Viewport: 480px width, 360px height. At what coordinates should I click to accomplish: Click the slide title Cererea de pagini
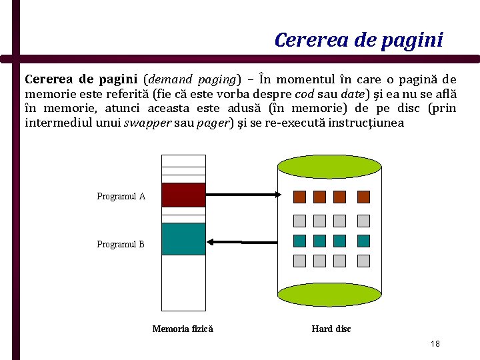358,40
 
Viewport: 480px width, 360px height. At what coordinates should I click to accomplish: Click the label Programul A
121,196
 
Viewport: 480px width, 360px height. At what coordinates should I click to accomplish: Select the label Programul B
121,244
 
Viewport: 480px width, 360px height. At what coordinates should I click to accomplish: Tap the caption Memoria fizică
183,329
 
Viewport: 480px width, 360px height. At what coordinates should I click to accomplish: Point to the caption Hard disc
331,329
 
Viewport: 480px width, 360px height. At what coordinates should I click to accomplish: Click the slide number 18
435,344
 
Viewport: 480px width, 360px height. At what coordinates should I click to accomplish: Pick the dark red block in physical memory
183,195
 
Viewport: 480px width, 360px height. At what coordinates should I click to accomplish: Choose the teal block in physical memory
183,239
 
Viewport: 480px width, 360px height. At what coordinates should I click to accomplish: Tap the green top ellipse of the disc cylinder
329,166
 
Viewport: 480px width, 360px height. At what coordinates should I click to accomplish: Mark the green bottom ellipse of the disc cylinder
329,294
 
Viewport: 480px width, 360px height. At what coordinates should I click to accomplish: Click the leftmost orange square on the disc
300,197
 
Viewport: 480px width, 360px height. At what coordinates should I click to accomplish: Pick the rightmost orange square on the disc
363,197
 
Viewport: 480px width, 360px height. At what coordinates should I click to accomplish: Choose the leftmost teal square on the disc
300,241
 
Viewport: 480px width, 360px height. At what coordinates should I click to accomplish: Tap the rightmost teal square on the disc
363,241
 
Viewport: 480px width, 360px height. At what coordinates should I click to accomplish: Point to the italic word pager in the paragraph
213,123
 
